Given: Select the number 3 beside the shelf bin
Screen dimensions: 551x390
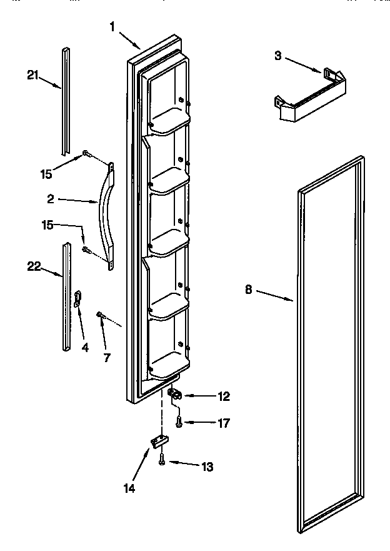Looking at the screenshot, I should (279, 56).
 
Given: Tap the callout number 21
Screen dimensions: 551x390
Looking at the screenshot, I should (32, 76).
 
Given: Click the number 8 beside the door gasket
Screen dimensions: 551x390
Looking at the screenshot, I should (249, 290).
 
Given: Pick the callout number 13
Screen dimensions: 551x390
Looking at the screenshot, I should (207, 466).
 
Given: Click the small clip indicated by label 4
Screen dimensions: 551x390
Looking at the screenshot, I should (77, 299).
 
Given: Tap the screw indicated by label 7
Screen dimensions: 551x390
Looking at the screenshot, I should (100, 316).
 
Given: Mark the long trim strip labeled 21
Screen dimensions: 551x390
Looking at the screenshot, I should (66, 100).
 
